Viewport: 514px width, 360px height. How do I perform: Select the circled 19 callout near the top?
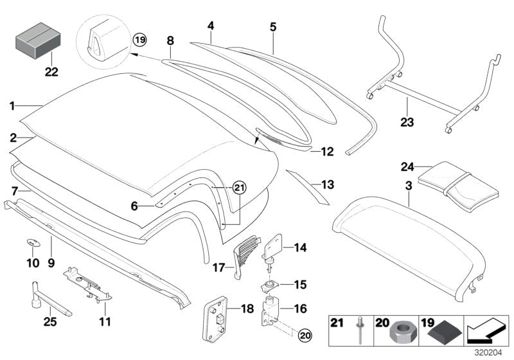point(140,40)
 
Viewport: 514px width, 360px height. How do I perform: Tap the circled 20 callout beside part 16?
point(306,334)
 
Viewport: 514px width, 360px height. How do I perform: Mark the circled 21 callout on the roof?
point(239,188)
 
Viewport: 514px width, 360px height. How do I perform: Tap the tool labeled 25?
point(48,295)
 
